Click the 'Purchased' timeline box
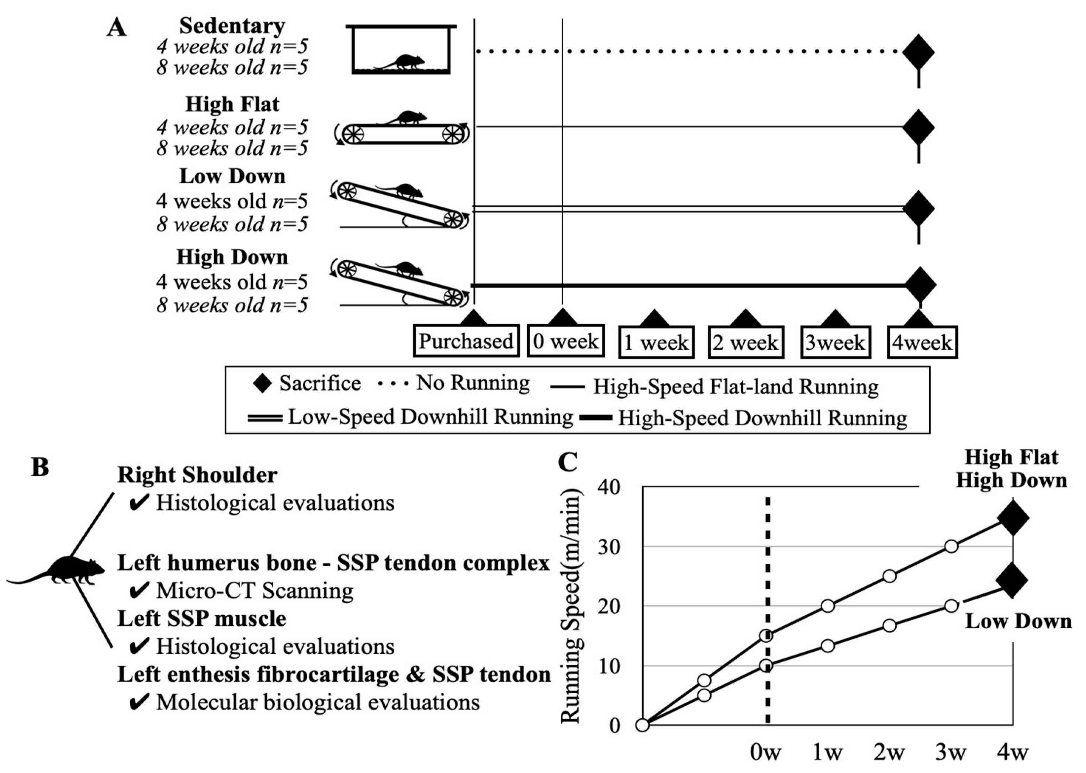(466, 341)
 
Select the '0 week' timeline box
(566, 341)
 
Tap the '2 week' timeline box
(745, 342)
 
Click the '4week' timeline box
(922, 342)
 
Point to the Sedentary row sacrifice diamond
(919, 52)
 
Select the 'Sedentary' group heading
(232, 26)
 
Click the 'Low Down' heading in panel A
(232, 176)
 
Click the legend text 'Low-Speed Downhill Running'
(430, 417)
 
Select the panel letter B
(40, 467)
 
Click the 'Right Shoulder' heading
(197, 475)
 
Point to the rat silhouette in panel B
(72, 571)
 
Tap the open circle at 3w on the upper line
(951, 546)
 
